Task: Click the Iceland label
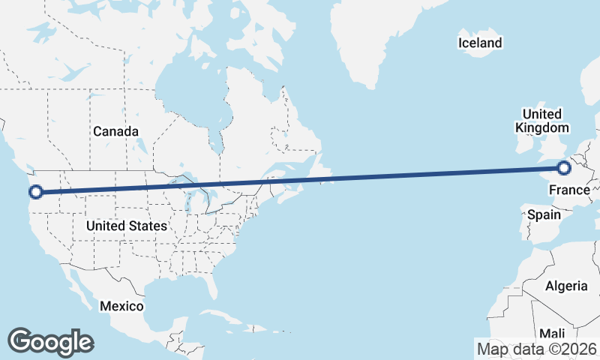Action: tap(480, 43)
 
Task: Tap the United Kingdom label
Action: tap(541, 121)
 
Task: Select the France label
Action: tap(569, 190)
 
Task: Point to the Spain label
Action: tap(544, 214)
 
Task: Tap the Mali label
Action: tap(552, 333)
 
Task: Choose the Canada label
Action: tap(115, 131)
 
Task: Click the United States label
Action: tap(126, 225)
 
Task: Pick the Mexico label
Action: tap(121, 306)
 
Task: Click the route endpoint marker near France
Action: tap(563, 169)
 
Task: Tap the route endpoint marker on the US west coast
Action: tap(34, 192)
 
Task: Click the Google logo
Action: tap(50, 341)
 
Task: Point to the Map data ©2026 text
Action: tap(536, 349)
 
